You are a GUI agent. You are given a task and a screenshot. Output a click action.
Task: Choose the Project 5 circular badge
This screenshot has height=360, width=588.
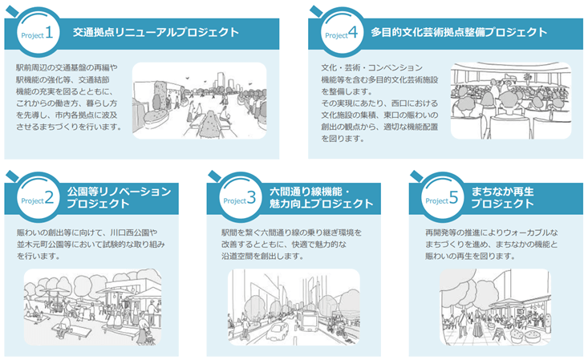click(x=440, y=197)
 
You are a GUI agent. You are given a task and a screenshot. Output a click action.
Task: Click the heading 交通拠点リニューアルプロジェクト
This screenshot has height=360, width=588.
click(x=156, y=33)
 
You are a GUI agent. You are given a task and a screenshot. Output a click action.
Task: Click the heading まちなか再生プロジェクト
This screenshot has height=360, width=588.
click(x=511, y=197)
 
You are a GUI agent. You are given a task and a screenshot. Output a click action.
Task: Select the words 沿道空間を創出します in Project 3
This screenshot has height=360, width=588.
click(x=264, y=257)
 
